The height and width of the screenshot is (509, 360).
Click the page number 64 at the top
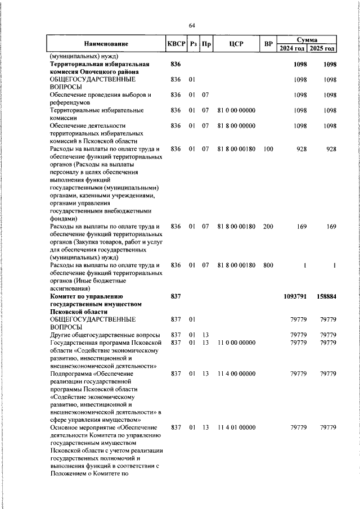click(x=192, y=26)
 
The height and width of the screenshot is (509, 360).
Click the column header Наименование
click(x=106, y=44)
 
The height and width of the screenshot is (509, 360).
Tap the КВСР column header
click(x=176, y=44)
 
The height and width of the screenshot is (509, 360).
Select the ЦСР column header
click(x=236, y=44)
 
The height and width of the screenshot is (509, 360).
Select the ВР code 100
click(x=268, y=148)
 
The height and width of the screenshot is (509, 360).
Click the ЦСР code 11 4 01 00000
click(x=236, y=428)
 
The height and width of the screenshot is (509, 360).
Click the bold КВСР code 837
click(x=175, y=295)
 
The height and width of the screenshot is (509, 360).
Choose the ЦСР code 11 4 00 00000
click(x=236, y=373)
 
